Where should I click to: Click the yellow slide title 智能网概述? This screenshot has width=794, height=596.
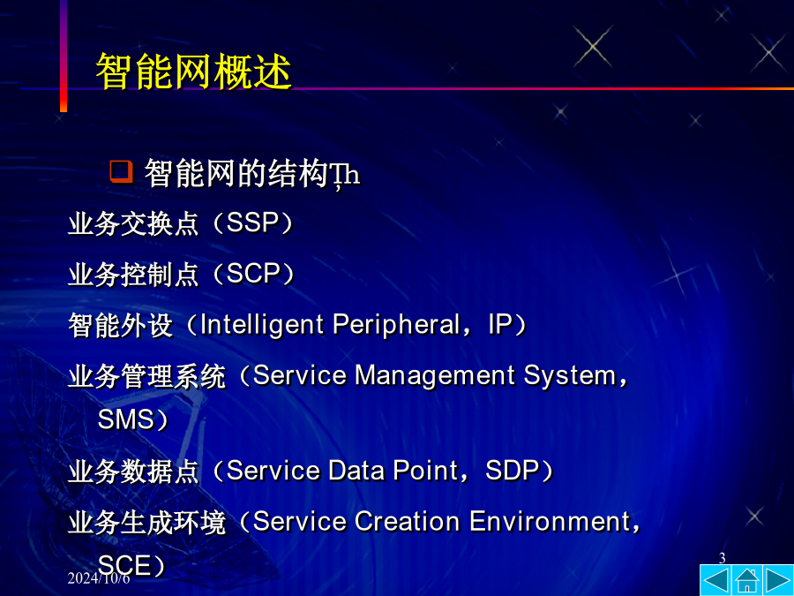point(194,72)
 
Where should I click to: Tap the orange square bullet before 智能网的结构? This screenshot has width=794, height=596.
point(121,171)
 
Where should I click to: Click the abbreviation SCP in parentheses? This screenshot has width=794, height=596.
point(253,274)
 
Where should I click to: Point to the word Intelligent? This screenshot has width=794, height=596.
point(262,325)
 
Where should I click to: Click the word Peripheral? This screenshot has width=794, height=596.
point(396,324)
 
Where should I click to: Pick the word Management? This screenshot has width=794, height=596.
point(434,376)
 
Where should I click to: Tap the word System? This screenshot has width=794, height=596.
point(570,376)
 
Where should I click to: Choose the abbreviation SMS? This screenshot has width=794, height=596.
point(126,419)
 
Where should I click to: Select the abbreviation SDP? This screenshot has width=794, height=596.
point(511,471)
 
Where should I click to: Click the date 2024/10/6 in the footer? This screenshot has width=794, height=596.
point(99,578)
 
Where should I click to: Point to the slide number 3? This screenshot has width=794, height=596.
point(722,558)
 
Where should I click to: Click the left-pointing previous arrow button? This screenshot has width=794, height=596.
point(715,580)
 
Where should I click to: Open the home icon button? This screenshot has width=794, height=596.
point(747,580)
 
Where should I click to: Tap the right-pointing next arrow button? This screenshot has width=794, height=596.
point(778,580)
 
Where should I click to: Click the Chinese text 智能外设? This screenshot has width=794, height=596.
point(121,325)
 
